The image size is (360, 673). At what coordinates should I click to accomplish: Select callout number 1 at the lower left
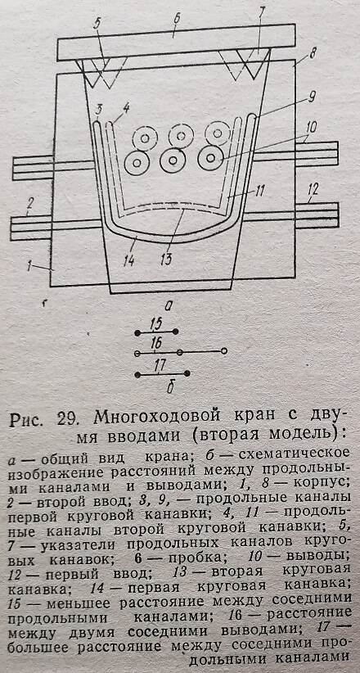(x=29, y=267)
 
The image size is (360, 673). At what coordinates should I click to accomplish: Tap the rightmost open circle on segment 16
(x=223, y=351)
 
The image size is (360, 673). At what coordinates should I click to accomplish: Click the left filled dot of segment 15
(x=137, y=332)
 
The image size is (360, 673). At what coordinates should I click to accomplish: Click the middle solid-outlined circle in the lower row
(x=173, y=160)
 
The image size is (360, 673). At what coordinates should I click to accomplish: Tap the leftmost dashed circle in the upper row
(x=145, y=138)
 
